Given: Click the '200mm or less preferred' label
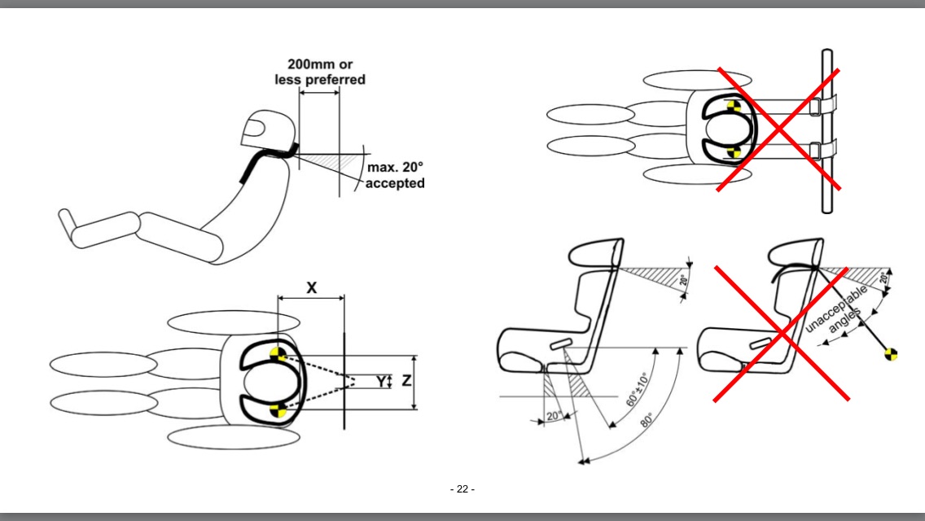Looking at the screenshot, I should pyautogui.click(x=326, y=72).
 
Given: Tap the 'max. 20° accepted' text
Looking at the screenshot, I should pyautogui.click(x=396, y=176).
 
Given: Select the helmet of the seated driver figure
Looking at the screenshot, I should pyautogui.click(x=265, y=130).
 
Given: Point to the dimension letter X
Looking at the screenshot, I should pyautogui.click(x=311, y=287).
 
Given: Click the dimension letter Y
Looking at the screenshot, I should pyautogui.click(x=379, y=381).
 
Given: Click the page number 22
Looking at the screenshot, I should pyautogui.click(x=462, y=489).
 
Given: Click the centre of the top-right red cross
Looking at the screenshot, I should pyautogui.click(x=778, y=130).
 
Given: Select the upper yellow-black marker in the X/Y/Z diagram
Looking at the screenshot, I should pyautogui.click(x=279, y=353).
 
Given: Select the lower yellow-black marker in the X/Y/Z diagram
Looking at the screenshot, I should pyautogui.click(x=278, y=409).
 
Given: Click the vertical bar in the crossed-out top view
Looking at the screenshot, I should pyautogui.click(x=826, y=130).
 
